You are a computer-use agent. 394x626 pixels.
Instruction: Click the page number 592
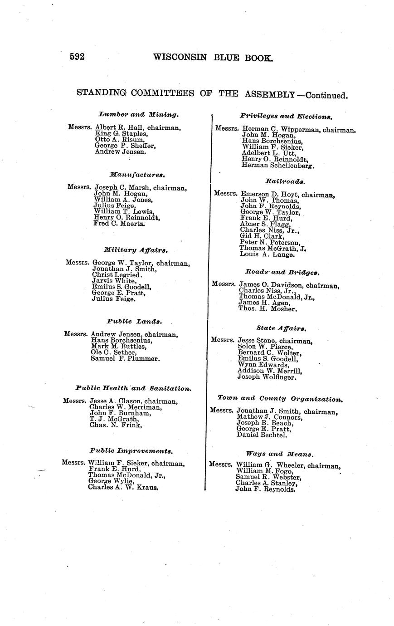78,57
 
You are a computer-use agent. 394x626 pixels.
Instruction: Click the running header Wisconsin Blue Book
213,57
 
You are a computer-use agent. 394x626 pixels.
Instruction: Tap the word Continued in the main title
326,95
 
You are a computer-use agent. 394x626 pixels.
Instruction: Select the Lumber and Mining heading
139,115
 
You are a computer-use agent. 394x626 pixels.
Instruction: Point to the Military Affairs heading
136,249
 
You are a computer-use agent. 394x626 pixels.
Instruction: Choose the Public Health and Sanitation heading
133,388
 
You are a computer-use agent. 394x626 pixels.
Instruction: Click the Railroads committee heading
285,181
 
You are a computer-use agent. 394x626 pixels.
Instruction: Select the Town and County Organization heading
280,399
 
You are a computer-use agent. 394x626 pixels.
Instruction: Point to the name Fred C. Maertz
119,224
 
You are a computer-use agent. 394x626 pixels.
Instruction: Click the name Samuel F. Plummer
126,359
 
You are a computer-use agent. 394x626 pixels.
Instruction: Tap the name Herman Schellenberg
278,166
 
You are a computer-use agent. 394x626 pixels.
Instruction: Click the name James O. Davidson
271,285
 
